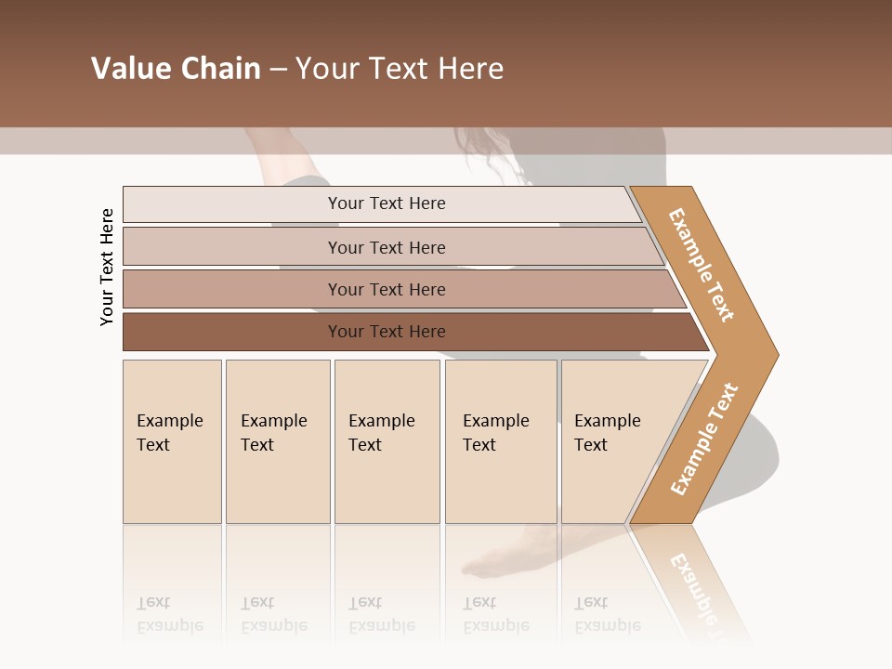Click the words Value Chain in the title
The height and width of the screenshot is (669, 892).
(x=176, y=69)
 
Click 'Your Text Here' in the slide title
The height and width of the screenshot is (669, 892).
(x=400, y=69)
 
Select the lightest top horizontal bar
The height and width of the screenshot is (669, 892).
(x=232, y=204)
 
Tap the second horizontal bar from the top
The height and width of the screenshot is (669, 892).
(x=232, y=247)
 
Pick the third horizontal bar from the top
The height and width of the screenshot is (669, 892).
(x=232, y=289)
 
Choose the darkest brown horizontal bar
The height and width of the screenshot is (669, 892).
(x=232, y=332)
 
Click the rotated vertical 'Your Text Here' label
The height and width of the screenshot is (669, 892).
(x=107, y=267)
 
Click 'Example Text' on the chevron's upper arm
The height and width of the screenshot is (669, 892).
(x=702, y=265)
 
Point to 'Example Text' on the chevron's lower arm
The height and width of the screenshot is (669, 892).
(x=704, y=439)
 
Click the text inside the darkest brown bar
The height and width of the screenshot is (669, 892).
(x=387, y=332)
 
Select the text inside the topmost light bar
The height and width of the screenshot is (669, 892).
(x=387, y=203)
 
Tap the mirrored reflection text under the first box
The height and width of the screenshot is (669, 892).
(x=170, y=614)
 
